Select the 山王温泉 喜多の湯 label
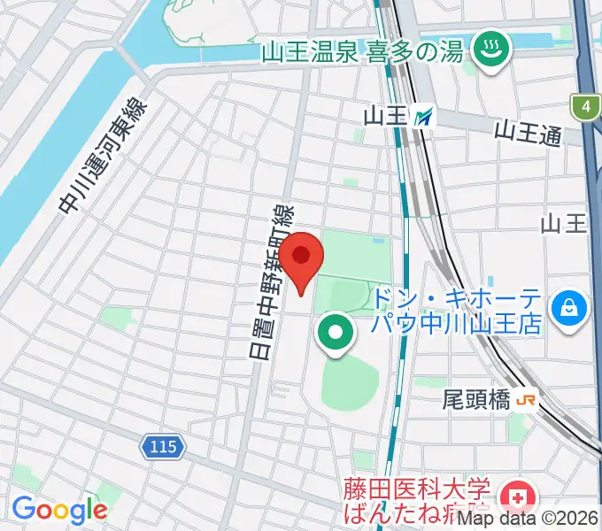(362, 51)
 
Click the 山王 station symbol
(427, 114)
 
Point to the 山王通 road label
(528, 135)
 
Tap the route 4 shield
(585, 108)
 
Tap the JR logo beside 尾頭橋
(526, 401)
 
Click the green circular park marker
(336, 333)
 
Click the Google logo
(58, 510)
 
